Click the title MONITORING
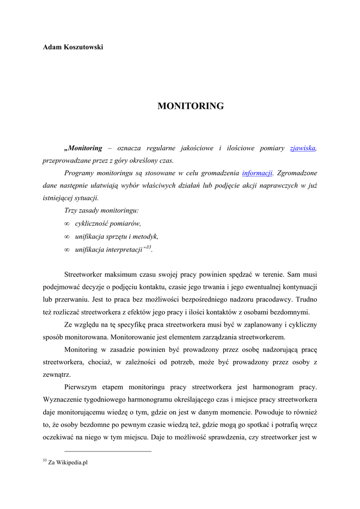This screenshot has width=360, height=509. point(190,106)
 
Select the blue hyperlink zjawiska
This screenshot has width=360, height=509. point(302,148)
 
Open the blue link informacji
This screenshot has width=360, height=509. point(257,173)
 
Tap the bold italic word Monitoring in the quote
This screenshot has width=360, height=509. point(84,148)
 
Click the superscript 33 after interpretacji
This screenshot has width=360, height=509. point(148,247)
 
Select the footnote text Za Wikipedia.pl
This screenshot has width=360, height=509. point(68,462)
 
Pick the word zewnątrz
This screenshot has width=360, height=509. point(57,374)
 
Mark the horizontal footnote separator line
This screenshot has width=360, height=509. point(108,451)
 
